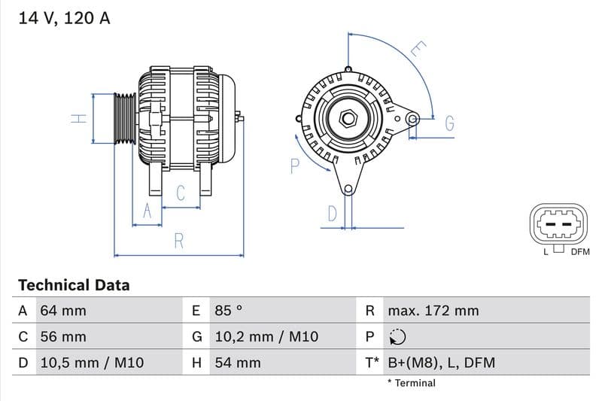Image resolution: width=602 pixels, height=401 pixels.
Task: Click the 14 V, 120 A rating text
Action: (x=64, y=18)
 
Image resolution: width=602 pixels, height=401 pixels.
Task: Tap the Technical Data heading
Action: (x=74, y=285)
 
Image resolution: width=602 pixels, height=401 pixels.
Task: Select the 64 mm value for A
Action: (x=62, y=311)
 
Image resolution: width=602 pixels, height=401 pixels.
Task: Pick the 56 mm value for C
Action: (x=62, y=337)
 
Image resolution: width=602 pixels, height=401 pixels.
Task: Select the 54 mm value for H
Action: (x=237, y=363)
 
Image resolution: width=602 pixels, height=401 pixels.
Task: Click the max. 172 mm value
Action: (x=433, y=311)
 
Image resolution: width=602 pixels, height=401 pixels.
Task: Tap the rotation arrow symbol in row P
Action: (x=397, y=337)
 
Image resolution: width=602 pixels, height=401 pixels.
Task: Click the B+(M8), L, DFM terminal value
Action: (x=441, y=363)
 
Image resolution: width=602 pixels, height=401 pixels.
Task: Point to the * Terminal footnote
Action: (x=411, y=383)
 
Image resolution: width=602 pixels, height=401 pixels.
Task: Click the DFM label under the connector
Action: (x=580, y=252)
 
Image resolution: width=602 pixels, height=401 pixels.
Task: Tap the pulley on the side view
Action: (x=124, y=118)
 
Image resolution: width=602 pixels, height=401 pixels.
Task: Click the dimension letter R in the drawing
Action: (x=179, y=241)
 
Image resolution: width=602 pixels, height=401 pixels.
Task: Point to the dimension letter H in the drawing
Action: (x=78, y=118)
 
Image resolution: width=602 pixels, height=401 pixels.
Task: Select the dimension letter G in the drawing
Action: (x=449, y=123)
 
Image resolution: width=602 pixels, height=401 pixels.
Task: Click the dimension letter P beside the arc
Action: (x=295, y=166)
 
